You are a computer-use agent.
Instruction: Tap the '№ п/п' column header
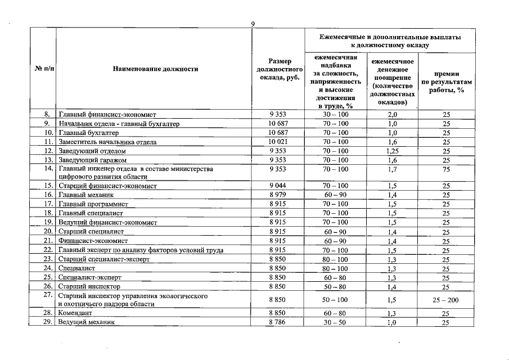[x=42, y=70]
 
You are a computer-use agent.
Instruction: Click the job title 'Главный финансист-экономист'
[x=107, y=115]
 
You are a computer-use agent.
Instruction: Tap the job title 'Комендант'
[x=76, y=313]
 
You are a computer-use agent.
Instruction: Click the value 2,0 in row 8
[x=392, y=115]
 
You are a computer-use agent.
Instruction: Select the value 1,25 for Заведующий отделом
[x=392, y=151]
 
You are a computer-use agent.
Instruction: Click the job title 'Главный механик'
[x=86, y=195]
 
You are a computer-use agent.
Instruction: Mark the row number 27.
[x=48, y=295]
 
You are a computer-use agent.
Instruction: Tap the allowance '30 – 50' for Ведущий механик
[x=335, y=322]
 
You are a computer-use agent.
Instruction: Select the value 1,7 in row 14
[x=392, y=169]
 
